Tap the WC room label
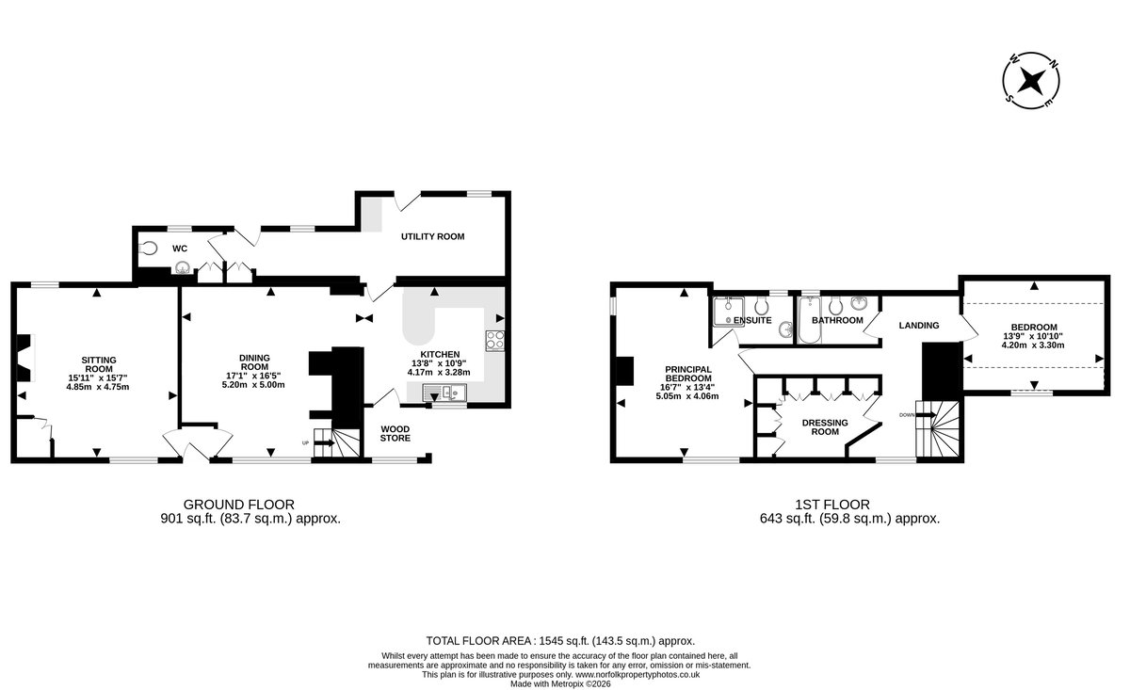[x=180, y=249]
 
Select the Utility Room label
[x=433, y=236]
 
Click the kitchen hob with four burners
[x=495, y=341]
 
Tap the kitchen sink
[x=444, y=392]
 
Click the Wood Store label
[x=395, y=434]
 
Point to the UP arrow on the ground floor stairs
[x=324, y=442]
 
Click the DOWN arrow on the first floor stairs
[x=926, y=414]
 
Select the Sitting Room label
[x=99, y=364]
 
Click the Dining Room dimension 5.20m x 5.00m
[x=253, y=385]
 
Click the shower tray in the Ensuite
[x=729, y=312]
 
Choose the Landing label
[x=919, y=326]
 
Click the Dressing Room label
[x=825, y=427]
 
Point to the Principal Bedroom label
[x=688, y=374]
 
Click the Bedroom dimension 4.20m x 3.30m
[x=1033, y=345]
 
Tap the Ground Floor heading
[x=238, y=505]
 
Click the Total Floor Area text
[x=560, y=641]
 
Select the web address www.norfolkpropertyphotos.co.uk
[x=638, y=674]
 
